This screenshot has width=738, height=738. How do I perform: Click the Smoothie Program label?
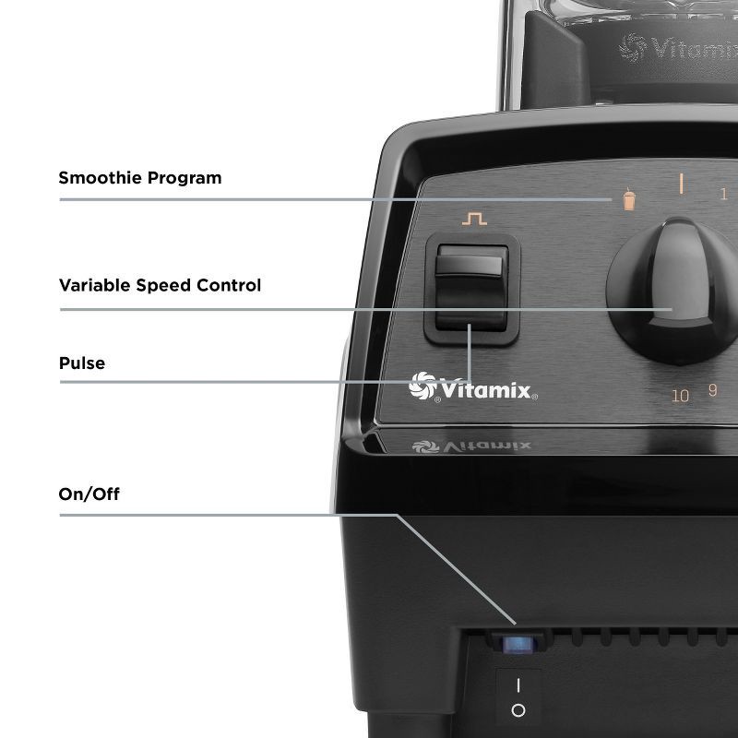coord(140,177)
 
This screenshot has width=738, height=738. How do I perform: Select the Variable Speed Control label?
coord(160,285)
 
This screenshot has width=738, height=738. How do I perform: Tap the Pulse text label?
coord(82,363)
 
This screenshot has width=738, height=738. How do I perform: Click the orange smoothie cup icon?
coord(629,200)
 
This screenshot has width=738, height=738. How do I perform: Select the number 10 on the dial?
coord(681,396)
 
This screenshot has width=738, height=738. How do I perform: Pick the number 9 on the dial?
coord(712,389)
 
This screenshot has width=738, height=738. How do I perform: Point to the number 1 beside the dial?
coord(723,194)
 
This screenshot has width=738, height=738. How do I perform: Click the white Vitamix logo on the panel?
coord(473,388)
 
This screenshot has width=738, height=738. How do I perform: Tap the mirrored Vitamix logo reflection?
coord(473,446)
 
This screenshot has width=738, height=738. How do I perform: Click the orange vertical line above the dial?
coord(682,182)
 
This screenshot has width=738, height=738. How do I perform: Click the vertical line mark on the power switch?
coord(518,686)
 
